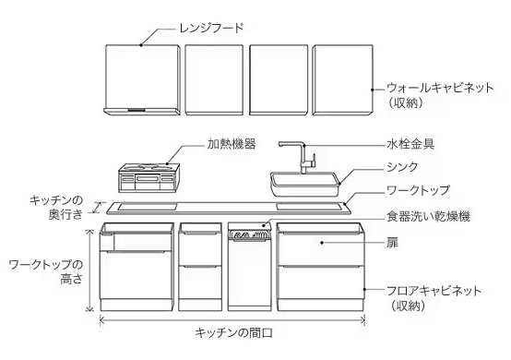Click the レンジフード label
pos(211,28)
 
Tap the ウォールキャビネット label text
pos(440,88)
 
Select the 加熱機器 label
pos(232,144)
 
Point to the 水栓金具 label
pos(410,144)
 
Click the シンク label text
pos(402,167)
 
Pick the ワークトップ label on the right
pos(418,190)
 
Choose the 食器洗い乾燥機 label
pos(428,216)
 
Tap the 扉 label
pos(392,243)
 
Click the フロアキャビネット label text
pos(434,291)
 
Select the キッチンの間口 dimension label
pos(233,333)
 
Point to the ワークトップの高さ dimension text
pos(45,272)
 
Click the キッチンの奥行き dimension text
pos(56,207)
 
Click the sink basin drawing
pos(305,185)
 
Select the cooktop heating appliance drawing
pos(149,178)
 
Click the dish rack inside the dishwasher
pos(250,235)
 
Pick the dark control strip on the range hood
pos(137,110)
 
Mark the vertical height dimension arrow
pos(89,270)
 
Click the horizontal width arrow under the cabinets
pos(232,320)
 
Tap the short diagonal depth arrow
pos(98,208)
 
